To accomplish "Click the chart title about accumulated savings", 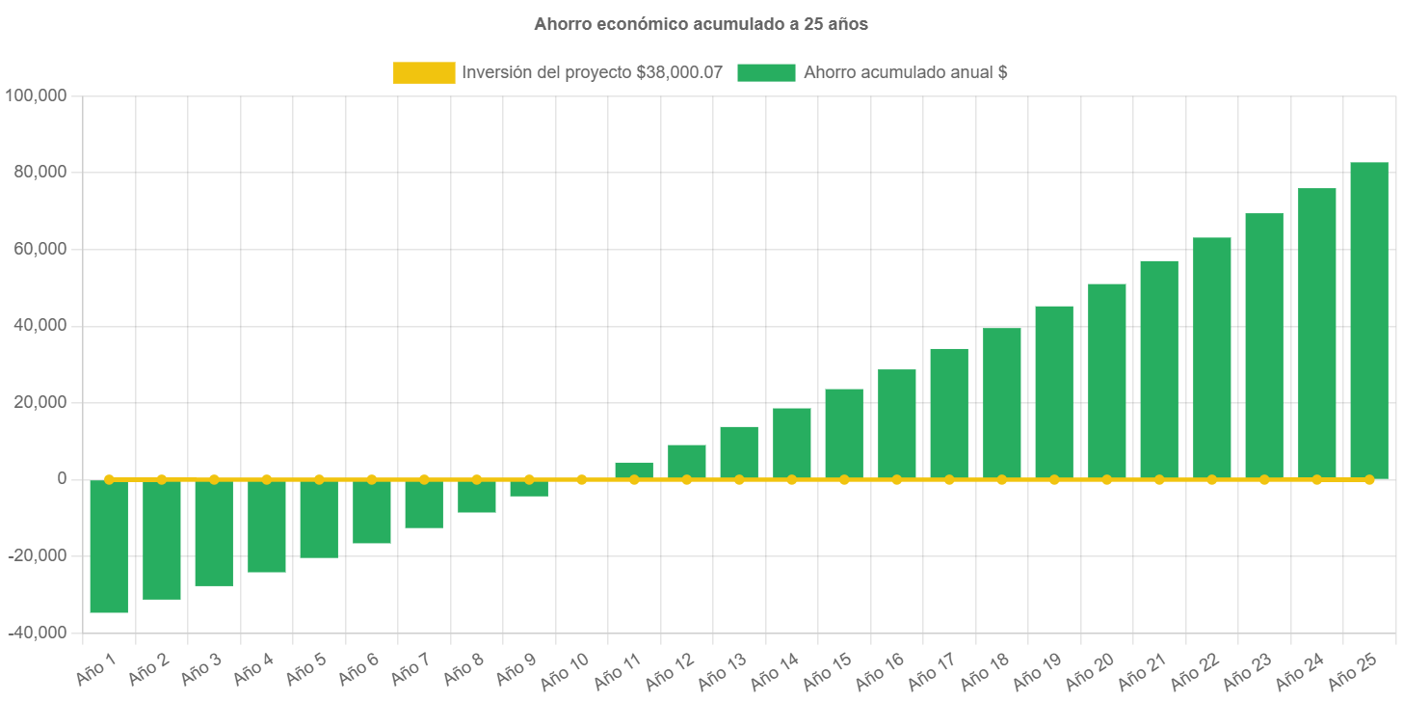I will [x=701, y=24].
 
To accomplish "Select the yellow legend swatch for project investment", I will [x=424, y=72].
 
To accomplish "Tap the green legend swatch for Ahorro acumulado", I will [x=766, y=72].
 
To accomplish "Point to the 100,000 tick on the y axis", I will [x=36, y=95].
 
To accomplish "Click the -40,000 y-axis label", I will [x=36, y=633].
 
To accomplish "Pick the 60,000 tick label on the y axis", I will [x=40, y=249].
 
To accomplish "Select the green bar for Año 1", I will [x=109, y=546].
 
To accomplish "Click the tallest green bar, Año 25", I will [x=1368, y=320].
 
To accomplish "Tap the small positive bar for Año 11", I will [x=634, y=470].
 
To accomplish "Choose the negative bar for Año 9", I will [x=529, y=488].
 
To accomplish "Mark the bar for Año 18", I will [x=1001, y=403].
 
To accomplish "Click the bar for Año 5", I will [x=319, y=519].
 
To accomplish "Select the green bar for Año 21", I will [x=1159, y=369].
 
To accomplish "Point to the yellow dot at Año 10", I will [x=582, y=479].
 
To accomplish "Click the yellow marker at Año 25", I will [x=1368, y=479].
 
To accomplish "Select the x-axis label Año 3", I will [x=200, y=667].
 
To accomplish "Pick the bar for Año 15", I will [x=844, y=434].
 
